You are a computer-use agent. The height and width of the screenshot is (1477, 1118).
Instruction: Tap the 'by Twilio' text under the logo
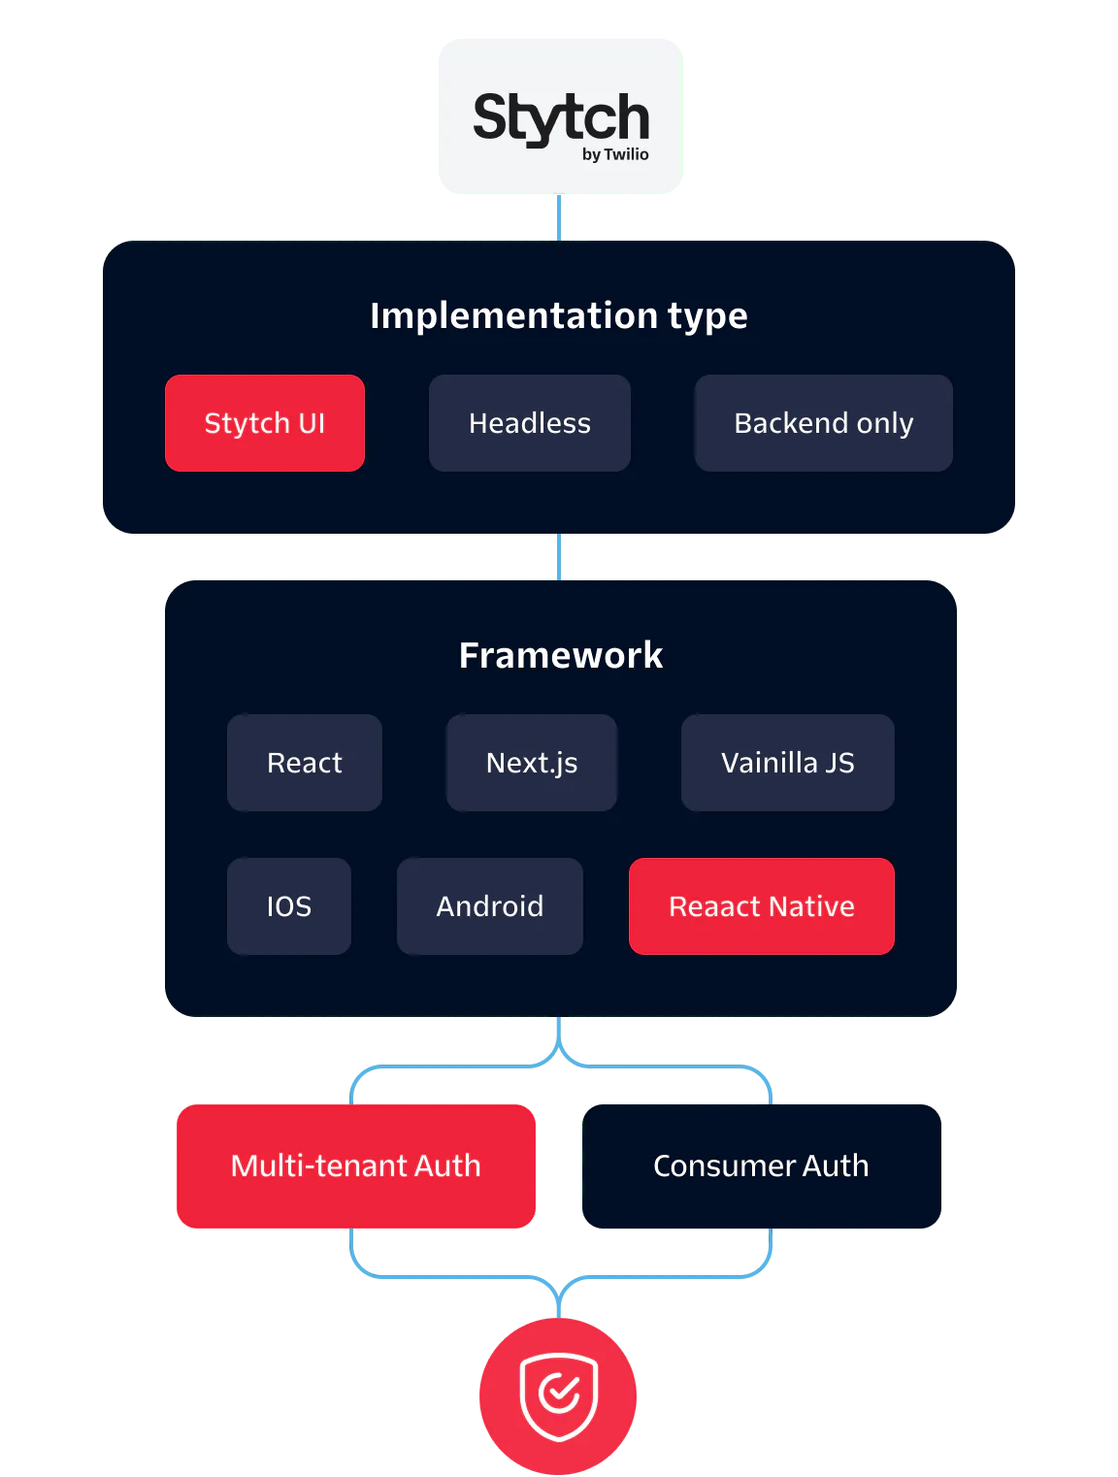click(615, 154)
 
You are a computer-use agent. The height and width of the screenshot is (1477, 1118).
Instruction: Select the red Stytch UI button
click(265, 423)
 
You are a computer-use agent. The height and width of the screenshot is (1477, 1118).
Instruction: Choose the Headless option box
click(530, 423)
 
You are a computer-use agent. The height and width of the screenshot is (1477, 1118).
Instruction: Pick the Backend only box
click(823, 423)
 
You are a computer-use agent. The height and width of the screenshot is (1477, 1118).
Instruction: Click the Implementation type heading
click(559, 315)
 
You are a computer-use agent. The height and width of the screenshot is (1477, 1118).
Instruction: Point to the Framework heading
click(561, 655)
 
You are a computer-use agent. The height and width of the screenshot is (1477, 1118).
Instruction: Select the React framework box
click(305, 763)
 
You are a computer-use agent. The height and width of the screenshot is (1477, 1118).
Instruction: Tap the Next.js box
click(532, 763)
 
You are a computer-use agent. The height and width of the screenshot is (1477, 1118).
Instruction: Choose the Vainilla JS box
click(788, 763)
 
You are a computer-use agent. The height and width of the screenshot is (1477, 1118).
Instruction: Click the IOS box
click(289, 906)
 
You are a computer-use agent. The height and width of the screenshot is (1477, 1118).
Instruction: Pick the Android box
click(490, 906)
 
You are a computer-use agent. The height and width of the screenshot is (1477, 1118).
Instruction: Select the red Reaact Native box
click(762, 906)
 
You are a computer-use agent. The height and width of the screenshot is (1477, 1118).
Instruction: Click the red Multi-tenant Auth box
click(356, 1165)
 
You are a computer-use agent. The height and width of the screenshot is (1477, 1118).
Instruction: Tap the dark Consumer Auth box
click(762, 1165)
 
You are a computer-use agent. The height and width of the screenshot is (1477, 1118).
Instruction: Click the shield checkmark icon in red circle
click(559, 1395)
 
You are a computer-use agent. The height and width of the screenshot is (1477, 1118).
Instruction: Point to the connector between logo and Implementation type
click(559, 217)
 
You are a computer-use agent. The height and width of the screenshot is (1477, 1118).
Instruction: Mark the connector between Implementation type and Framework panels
click(559, 556)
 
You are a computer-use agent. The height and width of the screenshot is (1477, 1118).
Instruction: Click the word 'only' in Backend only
click(885, 424)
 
